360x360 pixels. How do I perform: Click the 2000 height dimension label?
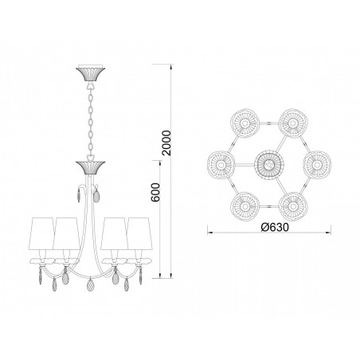167,143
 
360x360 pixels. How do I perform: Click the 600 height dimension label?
156,193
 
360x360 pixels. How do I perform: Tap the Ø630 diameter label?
274,227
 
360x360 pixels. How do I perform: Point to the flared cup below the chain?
91,167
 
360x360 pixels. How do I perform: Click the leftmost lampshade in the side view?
41,233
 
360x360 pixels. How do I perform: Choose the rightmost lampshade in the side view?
139,233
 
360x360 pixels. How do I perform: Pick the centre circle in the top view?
269,166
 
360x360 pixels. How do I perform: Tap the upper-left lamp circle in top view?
245,123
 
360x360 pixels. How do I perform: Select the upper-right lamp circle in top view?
293,123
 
